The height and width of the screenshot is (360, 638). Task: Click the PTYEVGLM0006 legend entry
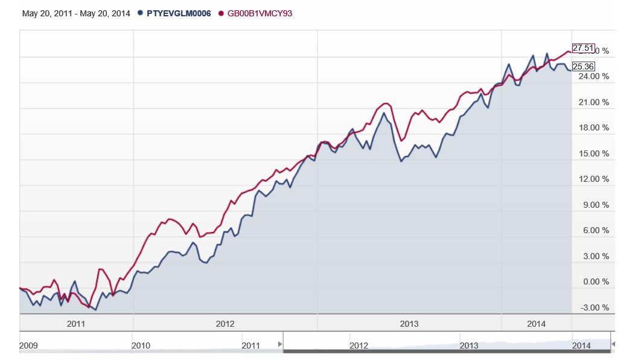179,13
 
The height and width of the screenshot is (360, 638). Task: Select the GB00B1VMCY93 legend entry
260,13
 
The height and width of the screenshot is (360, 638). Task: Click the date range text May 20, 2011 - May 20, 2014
76,13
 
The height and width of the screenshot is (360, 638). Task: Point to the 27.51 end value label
583,48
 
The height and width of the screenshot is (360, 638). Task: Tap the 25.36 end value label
583,66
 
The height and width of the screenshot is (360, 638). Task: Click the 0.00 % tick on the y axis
594,282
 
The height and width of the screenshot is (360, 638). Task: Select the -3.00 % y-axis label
594,307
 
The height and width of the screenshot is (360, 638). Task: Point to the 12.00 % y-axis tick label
594,179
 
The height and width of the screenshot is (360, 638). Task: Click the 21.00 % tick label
594,103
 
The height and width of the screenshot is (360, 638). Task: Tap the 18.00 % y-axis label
594,128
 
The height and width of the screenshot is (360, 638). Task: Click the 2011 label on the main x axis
76,324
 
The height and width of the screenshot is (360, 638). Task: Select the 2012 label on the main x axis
225,324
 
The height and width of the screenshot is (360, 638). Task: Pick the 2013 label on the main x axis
409,324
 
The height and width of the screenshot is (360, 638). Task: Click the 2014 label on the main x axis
536,324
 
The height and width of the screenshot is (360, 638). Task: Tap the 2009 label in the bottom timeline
28,346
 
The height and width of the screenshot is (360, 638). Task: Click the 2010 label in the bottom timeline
141,346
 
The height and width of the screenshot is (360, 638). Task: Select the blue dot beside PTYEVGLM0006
141,13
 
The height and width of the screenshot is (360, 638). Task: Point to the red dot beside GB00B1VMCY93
221,13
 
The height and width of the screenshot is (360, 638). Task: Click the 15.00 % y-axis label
594,154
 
